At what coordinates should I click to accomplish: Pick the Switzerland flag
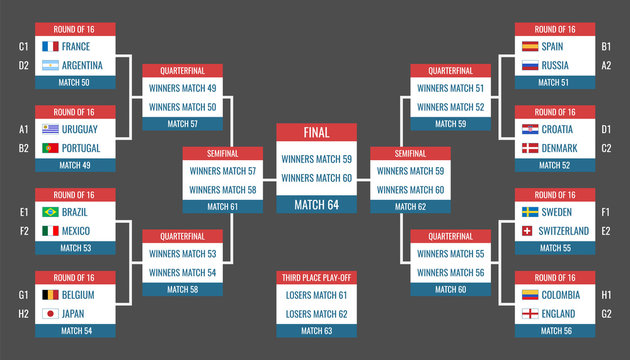pos(531,232)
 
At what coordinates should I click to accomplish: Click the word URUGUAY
pos(80,129)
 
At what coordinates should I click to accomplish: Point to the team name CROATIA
pos(557,129)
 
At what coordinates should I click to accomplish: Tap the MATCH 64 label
pos(316,205)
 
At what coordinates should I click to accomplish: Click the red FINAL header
pos(316,132)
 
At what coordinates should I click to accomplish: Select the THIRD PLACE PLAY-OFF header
pos(316,277)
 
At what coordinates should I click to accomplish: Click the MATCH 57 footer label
pos(182,124)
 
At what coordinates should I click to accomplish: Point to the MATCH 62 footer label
pos(410,206)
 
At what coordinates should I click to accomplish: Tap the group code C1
pos(23,46)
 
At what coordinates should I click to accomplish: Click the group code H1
pos(606,295)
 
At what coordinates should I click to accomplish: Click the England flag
pos(531,314)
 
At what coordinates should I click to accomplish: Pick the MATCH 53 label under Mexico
pos(75,249)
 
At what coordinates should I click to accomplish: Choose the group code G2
pos(606,314)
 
